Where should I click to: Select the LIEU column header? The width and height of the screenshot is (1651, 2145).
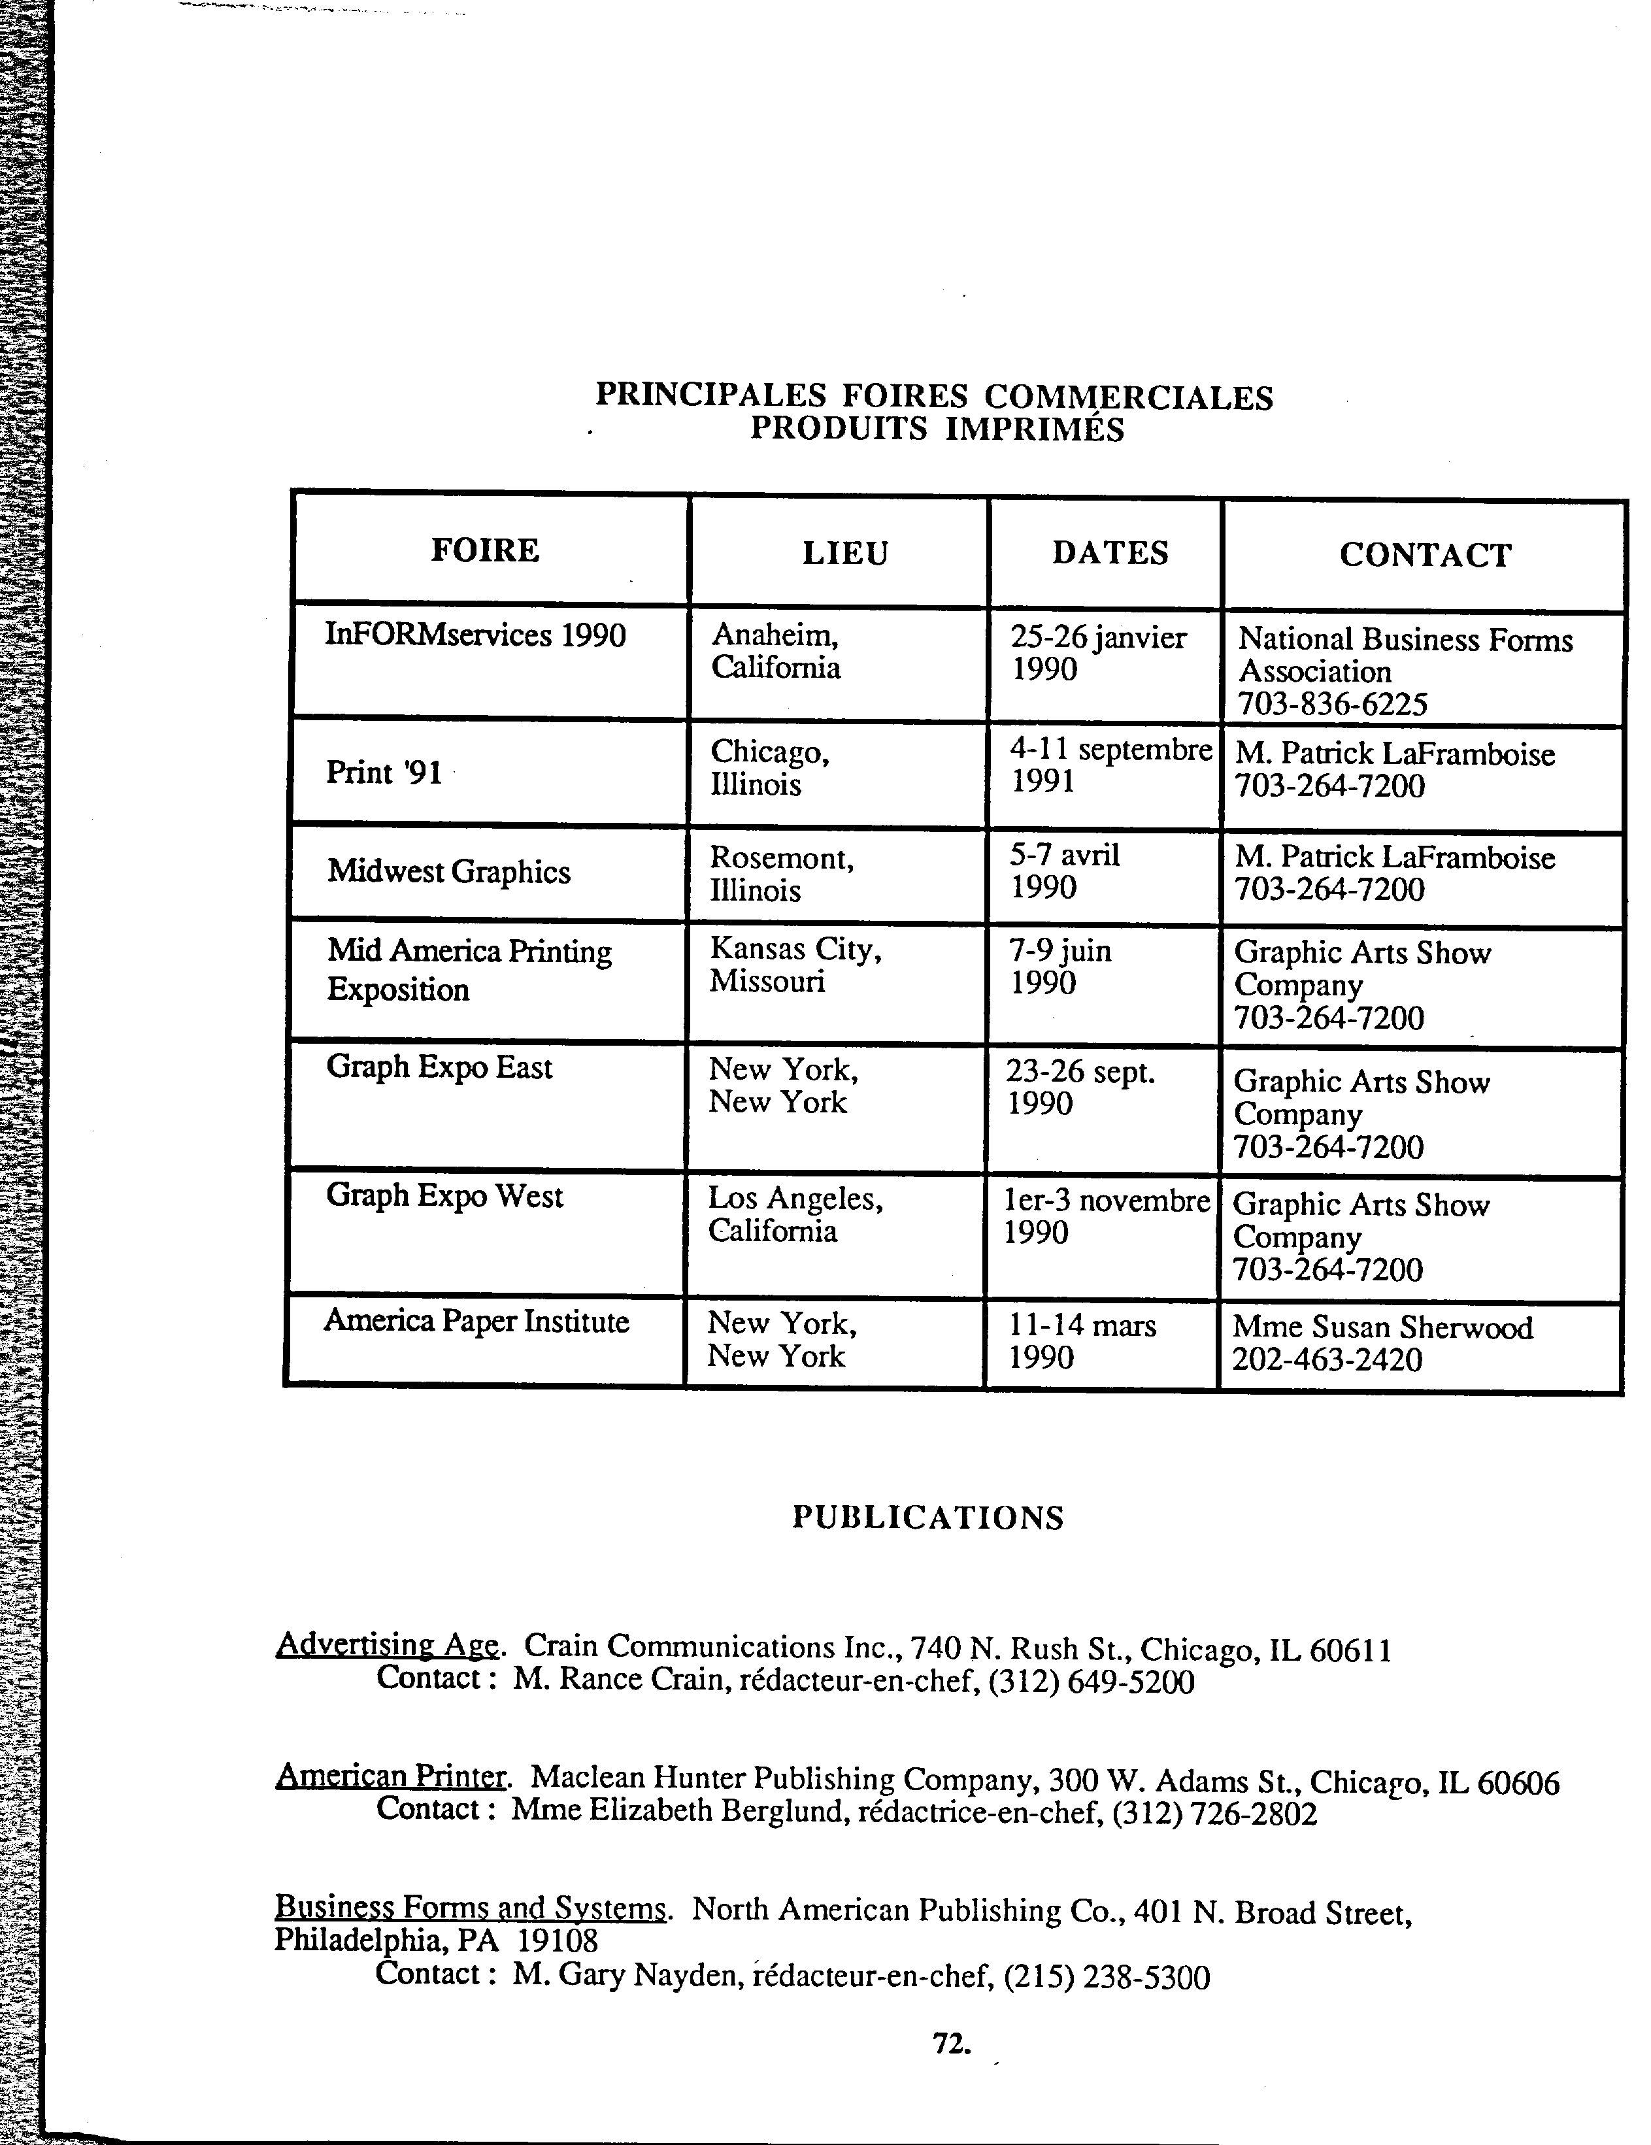844,553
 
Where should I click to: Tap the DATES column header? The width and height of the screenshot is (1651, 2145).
1110,553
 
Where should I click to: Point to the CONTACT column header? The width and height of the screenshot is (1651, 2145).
1424,555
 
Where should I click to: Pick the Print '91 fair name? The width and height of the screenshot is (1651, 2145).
384,772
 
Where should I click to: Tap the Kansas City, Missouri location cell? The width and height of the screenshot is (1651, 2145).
795,965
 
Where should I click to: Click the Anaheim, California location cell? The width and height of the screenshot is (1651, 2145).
775,651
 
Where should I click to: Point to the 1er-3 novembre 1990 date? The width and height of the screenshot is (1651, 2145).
1105,1216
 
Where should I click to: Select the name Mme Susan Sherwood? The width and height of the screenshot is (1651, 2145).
1382,1328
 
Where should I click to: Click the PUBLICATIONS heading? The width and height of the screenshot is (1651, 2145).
927,1518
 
